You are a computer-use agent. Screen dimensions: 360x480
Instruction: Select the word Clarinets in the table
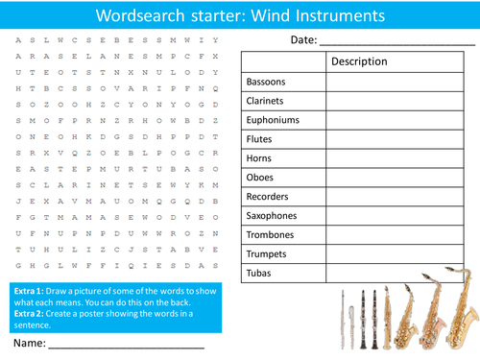268,101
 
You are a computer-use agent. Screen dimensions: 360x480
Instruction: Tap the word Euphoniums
273,120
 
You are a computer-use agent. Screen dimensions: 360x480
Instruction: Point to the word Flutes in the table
261,139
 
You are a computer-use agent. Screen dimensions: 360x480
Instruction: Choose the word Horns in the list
260,158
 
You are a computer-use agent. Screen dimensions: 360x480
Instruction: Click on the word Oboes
261,178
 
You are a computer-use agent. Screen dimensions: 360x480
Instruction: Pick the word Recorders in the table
269,197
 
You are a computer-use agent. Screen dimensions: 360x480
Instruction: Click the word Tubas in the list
259,274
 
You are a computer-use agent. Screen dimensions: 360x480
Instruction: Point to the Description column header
360,61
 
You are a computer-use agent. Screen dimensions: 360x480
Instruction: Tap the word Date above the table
302,39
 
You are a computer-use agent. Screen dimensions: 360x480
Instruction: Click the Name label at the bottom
30,341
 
